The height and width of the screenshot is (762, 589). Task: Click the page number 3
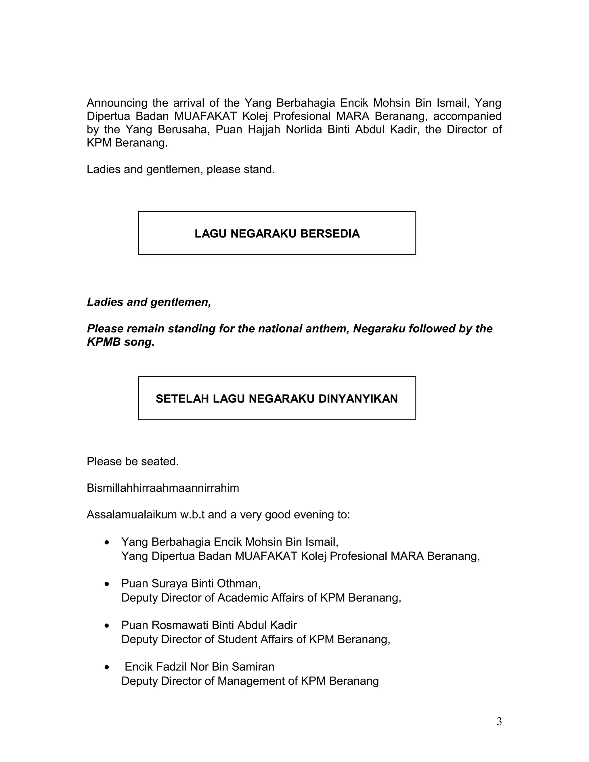coord(499,721)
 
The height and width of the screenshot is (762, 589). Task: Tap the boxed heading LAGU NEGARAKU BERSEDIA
coord(277,234)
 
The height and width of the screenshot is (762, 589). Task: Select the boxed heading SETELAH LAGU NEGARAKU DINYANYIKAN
coord(277,399)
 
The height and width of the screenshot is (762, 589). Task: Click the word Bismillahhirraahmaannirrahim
coord(162,488)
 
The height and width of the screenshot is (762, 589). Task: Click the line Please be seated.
coord(133,462)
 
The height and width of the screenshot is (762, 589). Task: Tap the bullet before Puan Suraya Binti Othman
coord(107,584)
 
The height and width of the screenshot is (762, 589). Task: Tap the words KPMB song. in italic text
coord(121,342)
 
